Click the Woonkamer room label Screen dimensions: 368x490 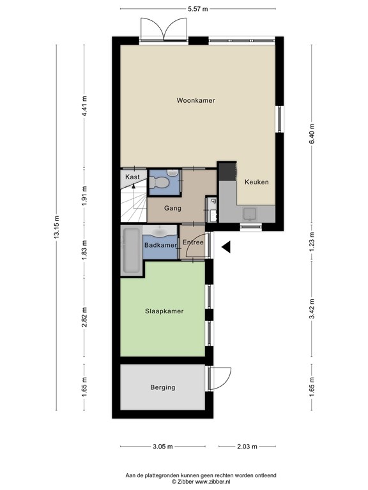click(x=196, y=100)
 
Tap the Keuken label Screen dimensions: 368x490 click(x=257, y=182)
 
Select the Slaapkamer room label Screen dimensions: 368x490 click(x=164, y=311)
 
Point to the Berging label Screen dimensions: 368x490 click(x=163, y=387)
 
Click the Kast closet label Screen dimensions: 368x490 click(x=132, y=177)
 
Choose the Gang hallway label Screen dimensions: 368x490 click(x=172, y=208)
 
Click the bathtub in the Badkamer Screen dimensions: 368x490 click(x=131, y=250)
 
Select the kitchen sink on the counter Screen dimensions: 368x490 click(x=250, y=214)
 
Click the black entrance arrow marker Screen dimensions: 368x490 click(x=226, y=247)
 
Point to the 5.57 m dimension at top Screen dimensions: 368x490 click(x=198, y=9)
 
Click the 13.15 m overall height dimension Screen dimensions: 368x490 click(x=56, y=227)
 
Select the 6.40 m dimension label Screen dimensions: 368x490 click(x=312, y=134)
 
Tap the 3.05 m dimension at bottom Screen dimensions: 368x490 click(x=163, y=447)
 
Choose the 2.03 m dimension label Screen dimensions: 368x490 click(x=247, y=447)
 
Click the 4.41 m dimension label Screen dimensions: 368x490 click(x=84, y=107)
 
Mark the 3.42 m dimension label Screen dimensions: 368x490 click(x=312, y=309)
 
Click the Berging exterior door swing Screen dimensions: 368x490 click(x=221, y=378)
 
